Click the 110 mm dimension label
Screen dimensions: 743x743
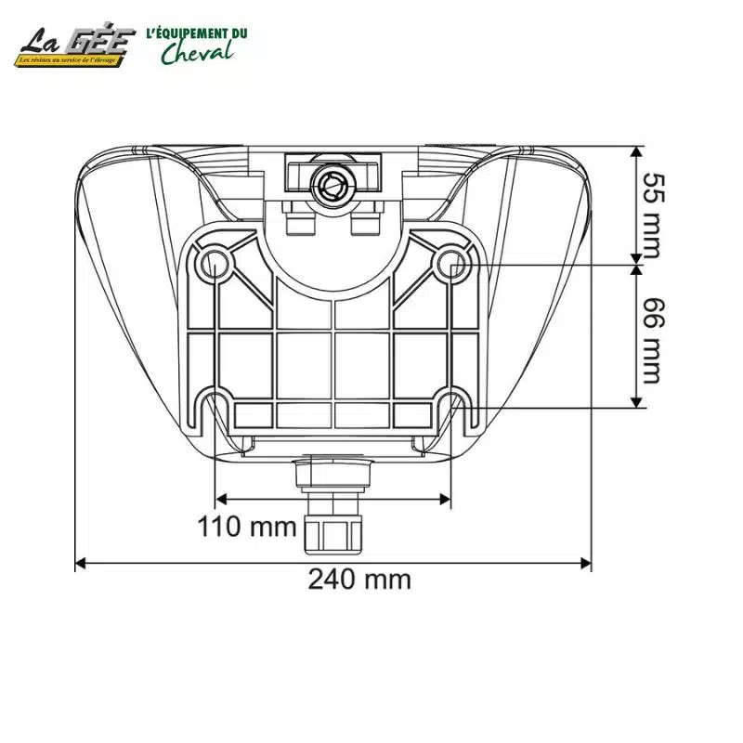click(x=246, y=528)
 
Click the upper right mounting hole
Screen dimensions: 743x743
click(x=451, y=262)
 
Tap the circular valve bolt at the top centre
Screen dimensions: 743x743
click(x=330, y=185)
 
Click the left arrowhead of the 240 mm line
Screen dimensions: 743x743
click(x=81, y=563)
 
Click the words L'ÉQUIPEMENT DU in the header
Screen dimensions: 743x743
click(x=197, y=33)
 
